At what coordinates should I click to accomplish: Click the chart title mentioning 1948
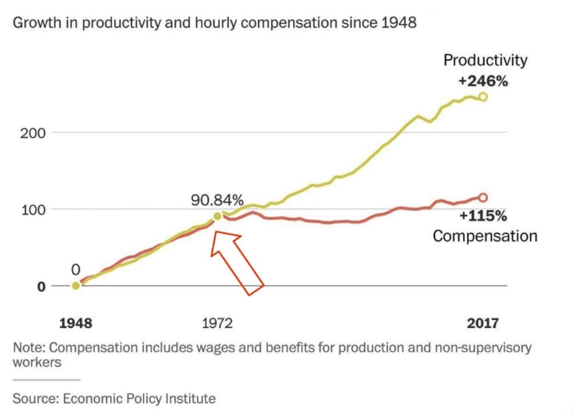(x=214, y=23)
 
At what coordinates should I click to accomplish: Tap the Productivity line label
(x=485, y=61)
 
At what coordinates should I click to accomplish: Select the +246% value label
(x=484, y=81)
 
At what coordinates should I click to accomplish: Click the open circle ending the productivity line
(x=482, y=97)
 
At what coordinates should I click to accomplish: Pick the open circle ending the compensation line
(x=482, y=197)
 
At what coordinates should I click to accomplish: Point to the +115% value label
(x=484, y=216)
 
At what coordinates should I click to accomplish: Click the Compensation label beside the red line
(x=485, y=236)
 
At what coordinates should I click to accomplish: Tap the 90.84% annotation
(x=216, y=200)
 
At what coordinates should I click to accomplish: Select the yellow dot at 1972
(x=217, y=216)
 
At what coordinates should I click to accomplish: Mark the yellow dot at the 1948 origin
(x=76, y=286)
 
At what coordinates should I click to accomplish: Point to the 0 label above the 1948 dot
(x=76, y=270)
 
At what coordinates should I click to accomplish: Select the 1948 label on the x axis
(x=76, y=323)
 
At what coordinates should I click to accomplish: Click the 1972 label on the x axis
(x=217, y=323)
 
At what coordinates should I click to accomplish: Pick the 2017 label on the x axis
(x=482, y=323)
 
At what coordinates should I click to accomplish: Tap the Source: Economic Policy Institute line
(x=113, y=397)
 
